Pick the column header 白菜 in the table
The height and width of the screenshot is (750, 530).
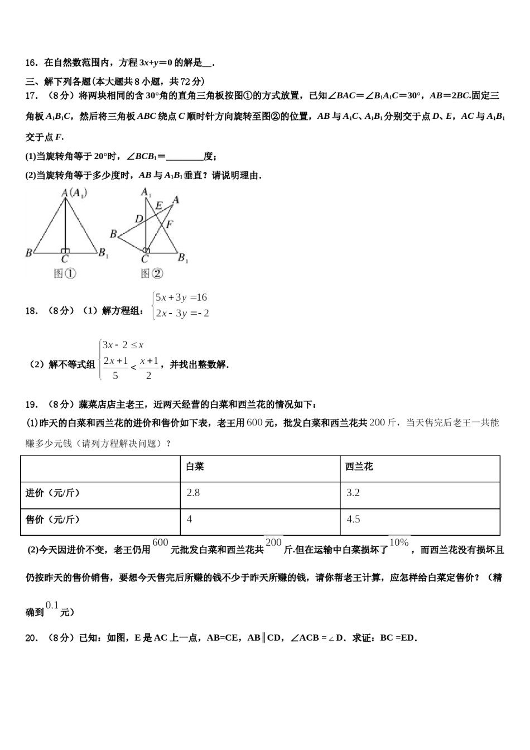pyautogui.click(x=195, y=467)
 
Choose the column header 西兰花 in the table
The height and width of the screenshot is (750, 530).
pyautogui.click(x=359, y=467)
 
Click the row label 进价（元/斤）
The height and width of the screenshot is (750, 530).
pyautogui.click(x=52, y=493)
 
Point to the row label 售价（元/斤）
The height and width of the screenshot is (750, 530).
pyautogui.click(x=52, y=520)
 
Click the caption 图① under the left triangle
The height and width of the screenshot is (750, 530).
pyautogui.click(x=65, y=273)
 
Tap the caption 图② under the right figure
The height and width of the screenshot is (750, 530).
pyautogui.click(x=152, y=273)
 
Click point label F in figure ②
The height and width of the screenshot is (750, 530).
pyautogui.click(x=170, y=224)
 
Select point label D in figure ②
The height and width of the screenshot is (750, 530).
pyautogui.click(x=139, y=219)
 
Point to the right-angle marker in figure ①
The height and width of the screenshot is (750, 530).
pyautogui.click(x=65, y=251)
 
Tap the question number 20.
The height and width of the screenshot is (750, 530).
pyautogui.click(x=31, y=638)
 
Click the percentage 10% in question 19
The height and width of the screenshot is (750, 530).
pyautogui.click(x=399, y=542)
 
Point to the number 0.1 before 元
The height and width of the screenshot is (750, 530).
pyautogui.click(x=52, y=605)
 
